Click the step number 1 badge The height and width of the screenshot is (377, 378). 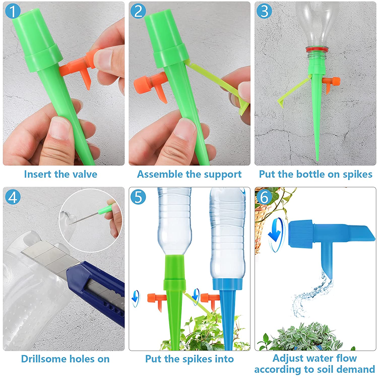pos(13,11)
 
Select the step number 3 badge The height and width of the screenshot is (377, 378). pos(264,11)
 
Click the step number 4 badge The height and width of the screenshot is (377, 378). pos(13,197)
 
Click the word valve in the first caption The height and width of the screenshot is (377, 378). pos(84,174)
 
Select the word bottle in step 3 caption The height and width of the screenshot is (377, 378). pos(310,174)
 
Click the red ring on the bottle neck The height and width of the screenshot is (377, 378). pos(317,49)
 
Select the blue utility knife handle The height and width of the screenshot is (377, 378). pos(98,287)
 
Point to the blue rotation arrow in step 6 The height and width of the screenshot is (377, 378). pos(276,234)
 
